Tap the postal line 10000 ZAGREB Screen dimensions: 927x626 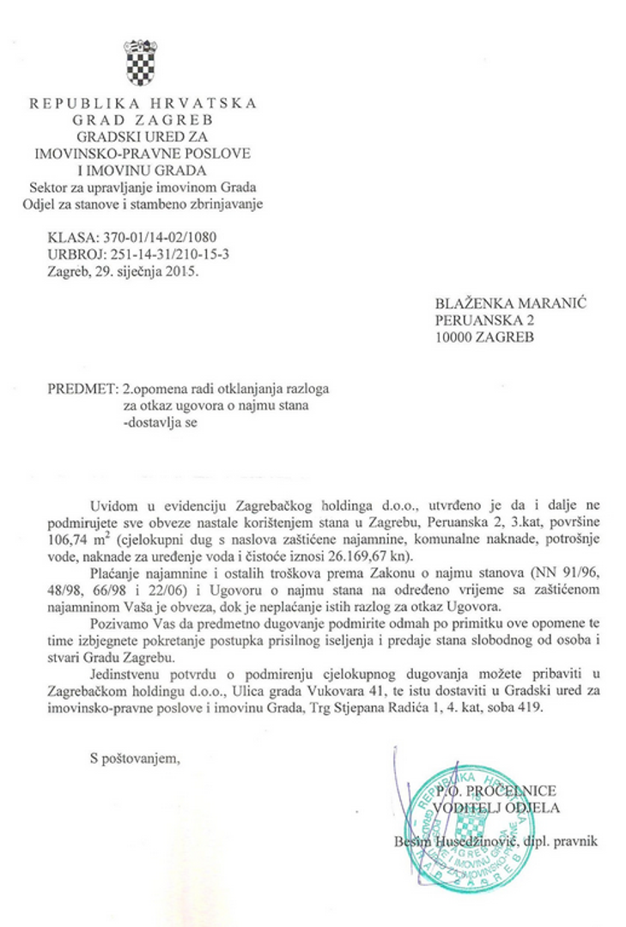pos(484,336)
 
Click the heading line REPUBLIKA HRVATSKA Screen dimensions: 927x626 pos(143,103)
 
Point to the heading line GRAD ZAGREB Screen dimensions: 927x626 pos(143,119)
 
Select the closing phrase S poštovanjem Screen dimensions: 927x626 pos(135,757)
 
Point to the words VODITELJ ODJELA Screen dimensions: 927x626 pos(497,808)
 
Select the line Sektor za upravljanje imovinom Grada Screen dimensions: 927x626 pos(143,187)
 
